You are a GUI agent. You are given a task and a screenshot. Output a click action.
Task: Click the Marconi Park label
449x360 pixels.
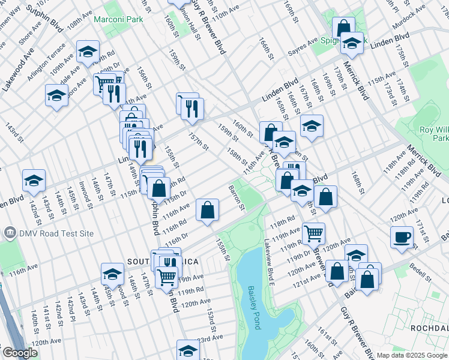click(x=118, y=19)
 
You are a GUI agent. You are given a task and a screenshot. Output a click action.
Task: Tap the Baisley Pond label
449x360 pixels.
click(x=253, y=307)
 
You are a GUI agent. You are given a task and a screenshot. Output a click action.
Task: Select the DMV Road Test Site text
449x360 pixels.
click(x=46, y=232)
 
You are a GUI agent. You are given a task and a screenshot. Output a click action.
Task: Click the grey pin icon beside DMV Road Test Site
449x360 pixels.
click(x=10, y=232)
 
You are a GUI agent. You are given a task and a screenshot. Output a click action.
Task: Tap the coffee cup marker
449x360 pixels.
click(x=402, y=236)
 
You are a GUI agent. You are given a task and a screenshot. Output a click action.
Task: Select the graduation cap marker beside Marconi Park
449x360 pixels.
click(x=88, y=52)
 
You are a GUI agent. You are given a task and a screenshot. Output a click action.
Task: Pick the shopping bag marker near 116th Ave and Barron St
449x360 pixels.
click(x=207, y=210)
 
